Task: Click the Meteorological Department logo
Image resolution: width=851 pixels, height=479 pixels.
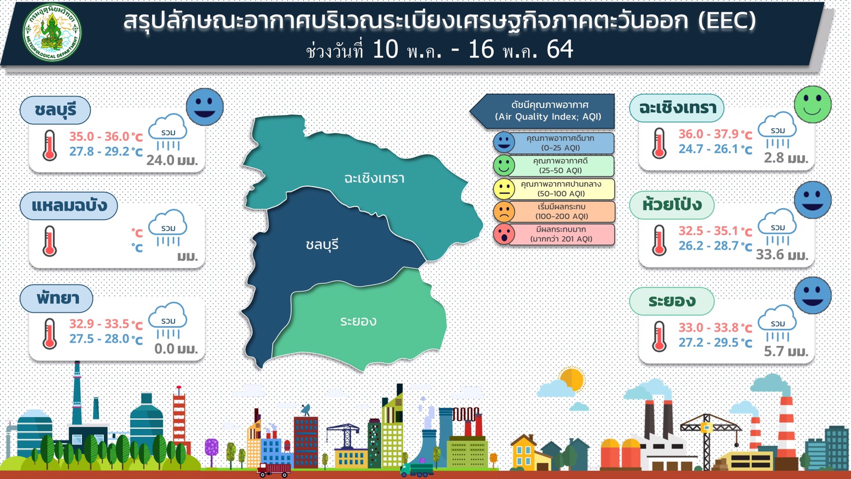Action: coord(52,32)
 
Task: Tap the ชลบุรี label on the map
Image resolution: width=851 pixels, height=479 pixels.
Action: coord(322,245)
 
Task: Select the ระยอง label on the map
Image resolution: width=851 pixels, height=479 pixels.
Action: coord(358,321)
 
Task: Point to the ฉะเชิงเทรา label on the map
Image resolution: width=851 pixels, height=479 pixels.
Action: coord(374,178)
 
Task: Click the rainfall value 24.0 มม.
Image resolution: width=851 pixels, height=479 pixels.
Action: coord(172,161)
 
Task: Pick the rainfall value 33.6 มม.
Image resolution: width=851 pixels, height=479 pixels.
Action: coord(782,254)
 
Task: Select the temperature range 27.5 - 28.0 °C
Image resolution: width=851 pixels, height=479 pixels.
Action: coord(106,339)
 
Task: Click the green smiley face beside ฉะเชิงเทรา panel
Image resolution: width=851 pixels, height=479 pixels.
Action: coord(813,104)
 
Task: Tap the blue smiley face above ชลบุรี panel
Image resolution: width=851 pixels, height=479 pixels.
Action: coord(205,107)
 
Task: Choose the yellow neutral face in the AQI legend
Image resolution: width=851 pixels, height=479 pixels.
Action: coord(504,189)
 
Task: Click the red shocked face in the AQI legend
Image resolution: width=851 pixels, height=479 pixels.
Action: coord(504,234)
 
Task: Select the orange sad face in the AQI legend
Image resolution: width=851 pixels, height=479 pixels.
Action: coord(504,212)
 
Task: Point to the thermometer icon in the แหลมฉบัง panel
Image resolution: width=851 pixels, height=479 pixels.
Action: coord(49,241)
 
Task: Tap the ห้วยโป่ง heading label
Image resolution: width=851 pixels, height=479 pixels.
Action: coord(672,205)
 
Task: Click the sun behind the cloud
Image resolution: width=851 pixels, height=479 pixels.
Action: coord(572,379)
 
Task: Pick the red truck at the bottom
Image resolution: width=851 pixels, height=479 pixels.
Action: coord(273,470)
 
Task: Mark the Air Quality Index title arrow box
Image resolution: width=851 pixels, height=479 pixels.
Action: coord(542,111)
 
